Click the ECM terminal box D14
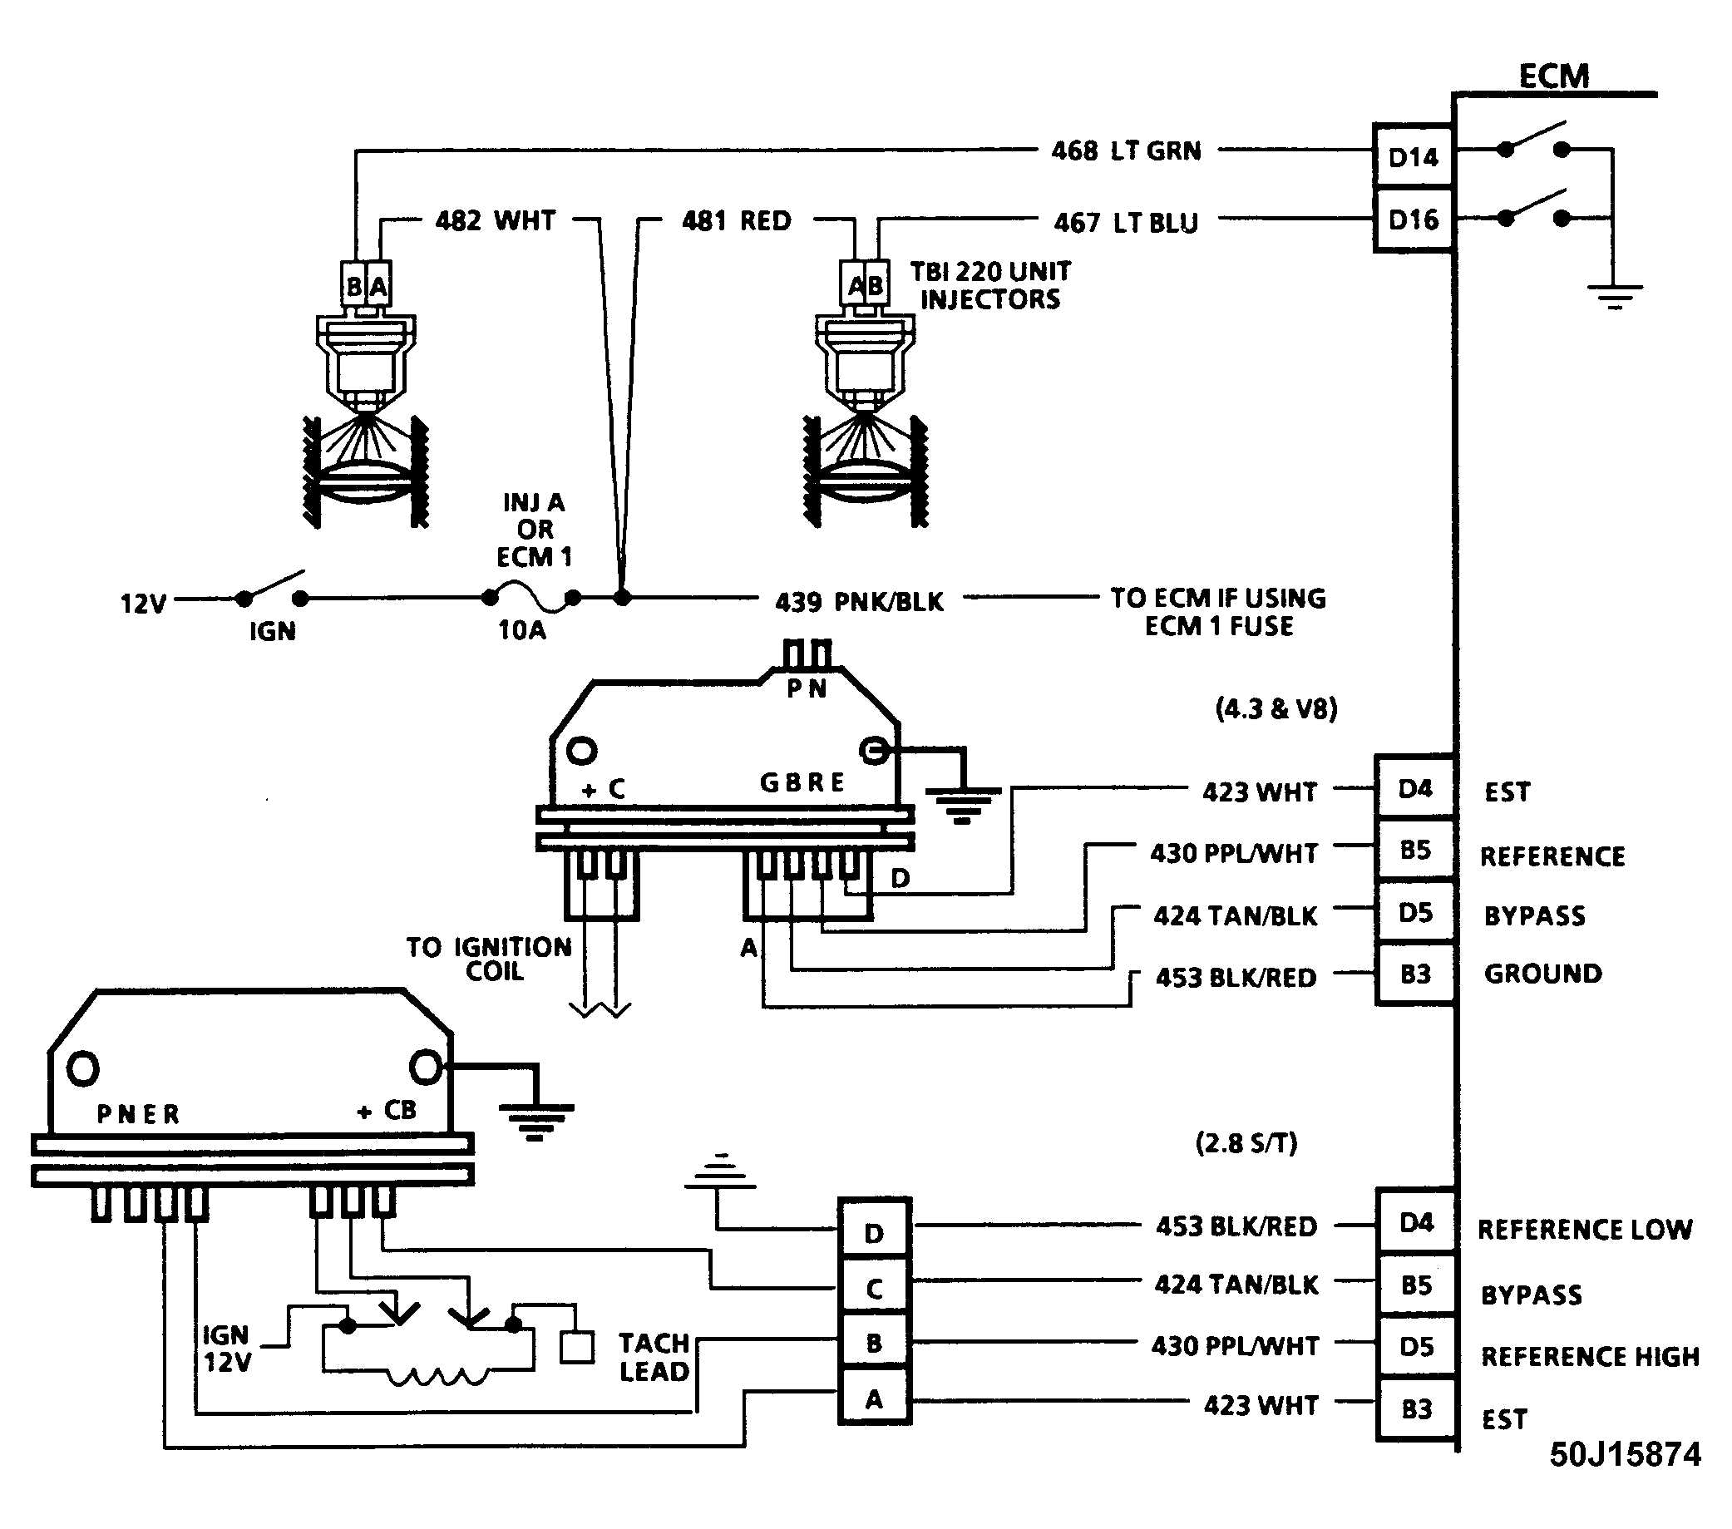[x=1414, y=156]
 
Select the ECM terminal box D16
[x=1414, y=220]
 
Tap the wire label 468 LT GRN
[x=1126, y=150]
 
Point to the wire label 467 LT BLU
[x=1126, y=223]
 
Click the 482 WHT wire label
[x=495, y=220]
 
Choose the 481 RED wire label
[x=737, y=220]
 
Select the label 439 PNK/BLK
[x=859, y=601]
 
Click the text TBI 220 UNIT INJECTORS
[x=989, y=285]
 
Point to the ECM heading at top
[x=1554, y=76]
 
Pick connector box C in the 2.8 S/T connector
[x=875, y=1289]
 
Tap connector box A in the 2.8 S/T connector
[x=875, y=1399]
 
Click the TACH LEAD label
[x=654, y=1357]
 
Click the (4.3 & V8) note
[x=1276, y=708]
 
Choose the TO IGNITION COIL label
[x=489, y=958]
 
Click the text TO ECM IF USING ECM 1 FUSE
[x=1218, y=612]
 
